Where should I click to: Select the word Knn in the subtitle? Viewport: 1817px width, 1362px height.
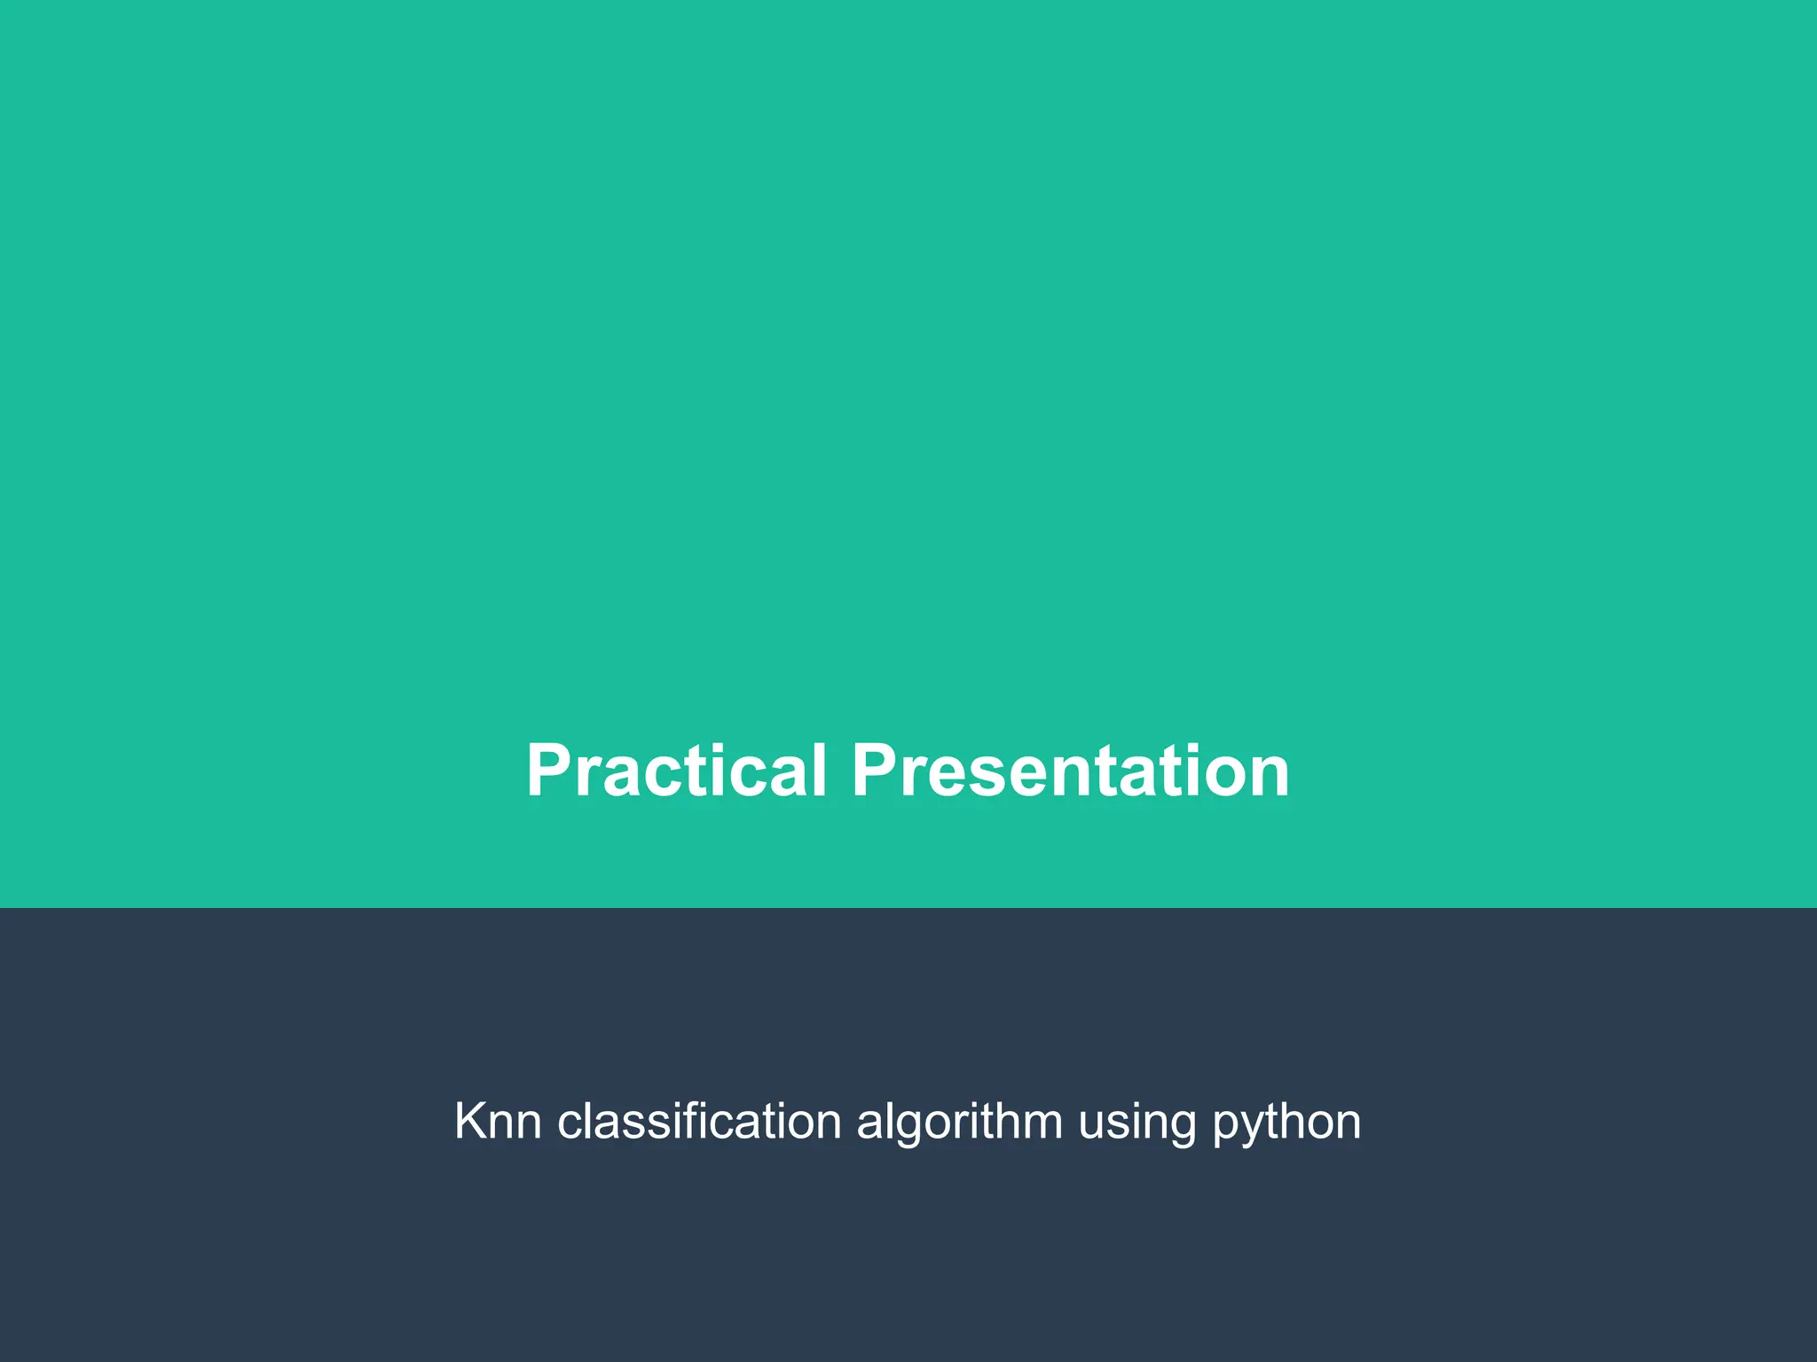pos(498,1121)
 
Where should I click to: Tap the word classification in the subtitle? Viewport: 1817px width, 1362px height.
pos(699,1121)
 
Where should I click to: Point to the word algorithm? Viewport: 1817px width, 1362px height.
pos(959,1123)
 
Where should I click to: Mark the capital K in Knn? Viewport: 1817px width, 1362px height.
pos(470,1121)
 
